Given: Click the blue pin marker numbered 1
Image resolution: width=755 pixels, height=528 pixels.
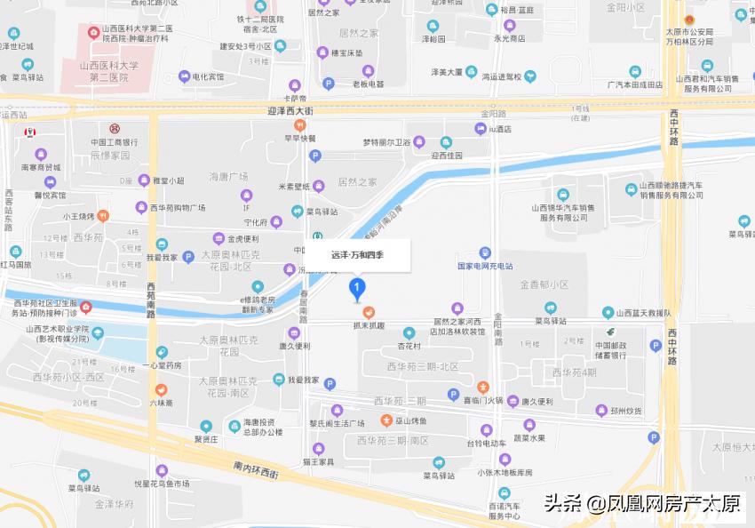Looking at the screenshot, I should [x=357, y=288].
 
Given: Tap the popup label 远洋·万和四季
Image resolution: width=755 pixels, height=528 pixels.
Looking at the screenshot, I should [x=357, y=255].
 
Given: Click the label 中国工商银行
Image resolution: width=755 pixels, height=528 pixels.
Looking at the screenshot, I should [x=114, y=142].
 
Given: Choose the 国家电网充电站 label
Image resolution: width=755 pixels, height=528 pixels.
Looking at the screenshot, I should [x=485, y=266].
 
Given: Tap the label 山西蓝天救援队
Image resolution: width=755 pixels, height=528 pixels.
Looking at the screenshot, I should [x=640, y=313].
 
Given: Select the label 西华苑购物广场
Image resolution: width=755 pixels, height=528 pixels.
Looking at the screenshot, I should [x=177, y=207].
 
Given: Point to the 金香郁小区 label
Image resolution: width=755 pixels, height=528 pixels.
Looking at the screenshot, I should [x=544, y=284].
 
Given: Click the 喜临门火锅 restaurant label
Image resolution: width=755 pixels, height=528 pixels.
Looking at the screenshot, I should [x=483, y=399].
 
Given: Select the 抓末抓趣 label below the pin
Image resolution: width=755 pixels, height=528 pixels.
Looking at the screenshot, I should [x=367, y=325].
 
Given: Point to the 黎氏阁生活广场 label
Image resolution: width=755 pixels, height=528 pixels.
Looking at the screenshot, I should [x=337, y=422].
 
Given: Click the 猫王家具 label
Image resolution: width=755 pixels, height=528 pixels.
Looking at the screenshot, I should [x=317, y=462].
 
